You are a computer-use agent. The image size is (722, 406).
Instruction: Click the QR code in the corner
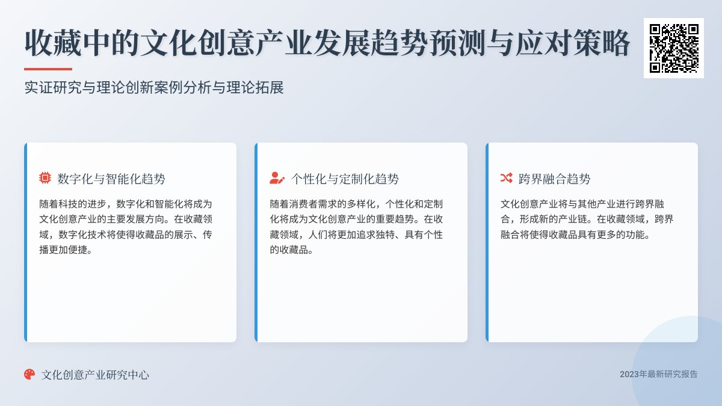point(673,48)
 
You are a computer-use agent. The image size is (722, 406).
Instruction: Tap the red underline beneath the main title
point(48,69)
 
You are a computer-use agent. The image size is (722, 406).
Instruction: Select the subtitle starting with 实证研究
point(154,88)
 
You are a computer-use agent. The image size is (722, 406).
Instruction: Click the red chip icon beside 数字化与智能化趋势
point(45,178)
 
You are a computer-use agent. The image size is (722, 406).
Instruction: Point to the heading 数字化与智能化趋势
point(111,179)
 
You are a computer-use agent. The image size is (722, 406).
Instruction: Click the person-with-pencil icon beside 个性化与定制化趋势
point(277,178)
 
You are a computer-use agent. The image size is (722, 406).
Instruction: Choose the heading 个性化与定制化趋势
point(345,179)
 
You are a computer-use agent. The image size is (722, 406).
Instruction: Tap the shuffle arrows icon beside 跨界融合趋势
point(506,178)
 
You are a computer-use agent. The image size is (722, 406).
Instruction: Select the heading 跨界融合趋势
point(555,179)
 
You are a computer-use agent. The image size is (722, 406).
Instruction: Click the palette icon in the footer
point(29,374)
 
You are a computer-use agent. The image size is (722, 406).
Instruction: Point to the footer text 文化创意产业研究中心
point(95,375)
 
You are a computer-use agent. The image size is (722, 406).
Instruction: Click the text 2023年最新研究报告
point(659,374)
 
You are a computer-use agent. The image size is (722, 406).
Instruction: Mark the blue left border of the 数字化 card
point(25,242)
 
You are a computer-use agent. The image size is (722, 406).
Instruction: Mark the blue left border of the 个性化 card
point(256,242)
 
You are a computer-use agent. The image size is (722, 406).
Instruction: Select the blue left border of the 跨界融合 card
point(487,242)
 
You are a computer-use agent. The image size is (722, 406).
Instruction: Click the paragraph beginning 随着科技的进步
point(126,227)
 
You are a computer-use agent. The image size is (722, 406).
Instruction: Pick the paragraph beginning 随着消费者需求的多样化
point(357,227)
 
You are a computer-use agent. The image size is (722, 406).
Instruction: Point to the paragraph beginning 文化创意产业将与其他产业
point(587,220)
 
